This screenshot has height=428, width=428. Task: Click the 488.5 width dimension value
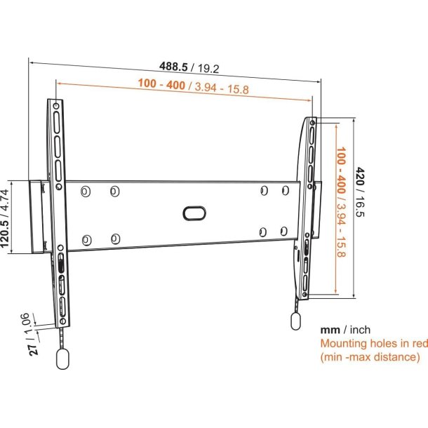173,66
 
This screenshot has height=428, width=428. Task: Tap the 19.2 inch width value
208,69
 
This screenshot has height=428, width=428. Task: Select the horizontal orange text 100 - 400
161,83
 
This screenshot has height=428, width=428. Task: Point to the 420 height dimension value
360,176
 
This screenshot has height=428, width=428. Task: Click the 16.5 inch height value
360,206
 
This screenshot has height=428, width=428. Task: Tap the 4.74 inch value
5,199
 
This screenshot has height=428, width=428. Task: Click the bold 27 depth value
33,350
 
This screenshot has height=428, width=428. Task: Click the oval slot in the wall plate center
194,213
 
